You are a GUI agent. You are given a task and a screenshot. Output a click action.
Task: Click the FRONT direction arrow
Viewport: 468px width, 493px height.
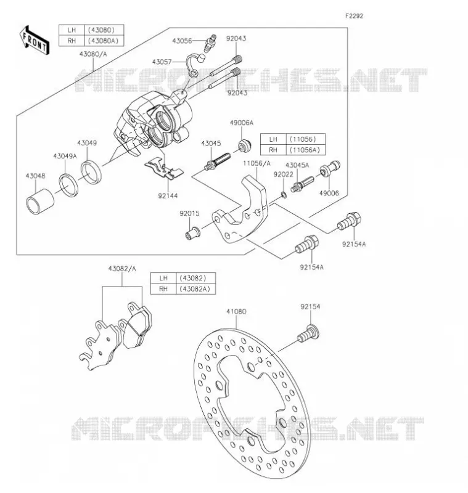[x=35, y=41]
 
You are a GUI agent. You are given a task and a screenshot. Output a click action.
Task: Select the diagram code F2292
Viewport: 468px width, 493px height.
[x=354, y=16]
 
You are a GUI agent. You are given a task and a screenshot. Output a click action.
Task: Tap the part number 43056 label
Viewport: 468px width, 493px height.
[x=182, y=41]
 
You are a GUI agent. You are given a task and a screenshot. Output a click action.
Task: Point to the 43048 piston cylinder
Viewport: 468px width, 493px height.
[x=40, y=202]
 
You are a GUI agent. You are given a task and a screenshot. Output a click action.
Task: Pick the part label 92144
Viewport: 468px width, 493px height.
[x=168, y=195]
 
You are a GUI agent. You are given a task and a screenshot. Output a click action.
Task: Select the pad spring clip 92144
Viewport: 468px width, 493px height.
[x=163, y=168]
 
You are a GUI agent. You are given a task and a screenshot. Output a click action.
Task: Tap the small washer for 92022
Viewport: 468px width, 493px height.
[x=284, y=195]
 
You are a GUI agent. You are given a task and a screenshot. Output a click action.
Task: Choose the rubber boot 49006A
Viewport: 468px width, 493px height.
[x=244, y=145]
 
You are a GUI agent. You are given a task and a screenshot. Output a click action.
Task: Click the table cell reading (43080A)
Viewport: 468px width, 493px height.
[x=104, y=41]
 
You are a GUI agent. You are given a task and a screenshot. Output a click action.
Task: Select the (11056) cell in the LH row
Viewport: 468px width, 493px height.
[x=305, y=139]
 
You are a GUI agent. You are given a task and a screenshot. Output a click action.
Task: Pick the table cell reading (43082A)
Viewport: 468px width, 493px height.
[x=195, y=289]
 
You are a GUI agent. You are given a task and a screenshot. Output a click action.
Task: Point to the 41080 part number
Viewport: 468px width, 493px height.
[x=236, y=312]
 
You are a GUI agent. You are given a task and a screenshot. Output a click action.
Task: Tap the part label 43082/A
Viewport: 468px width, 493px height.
[x=122, y=269]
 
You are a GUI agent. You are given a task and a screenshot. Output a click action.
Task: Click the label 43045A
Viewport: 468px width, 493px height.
[x=297, y=165]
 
